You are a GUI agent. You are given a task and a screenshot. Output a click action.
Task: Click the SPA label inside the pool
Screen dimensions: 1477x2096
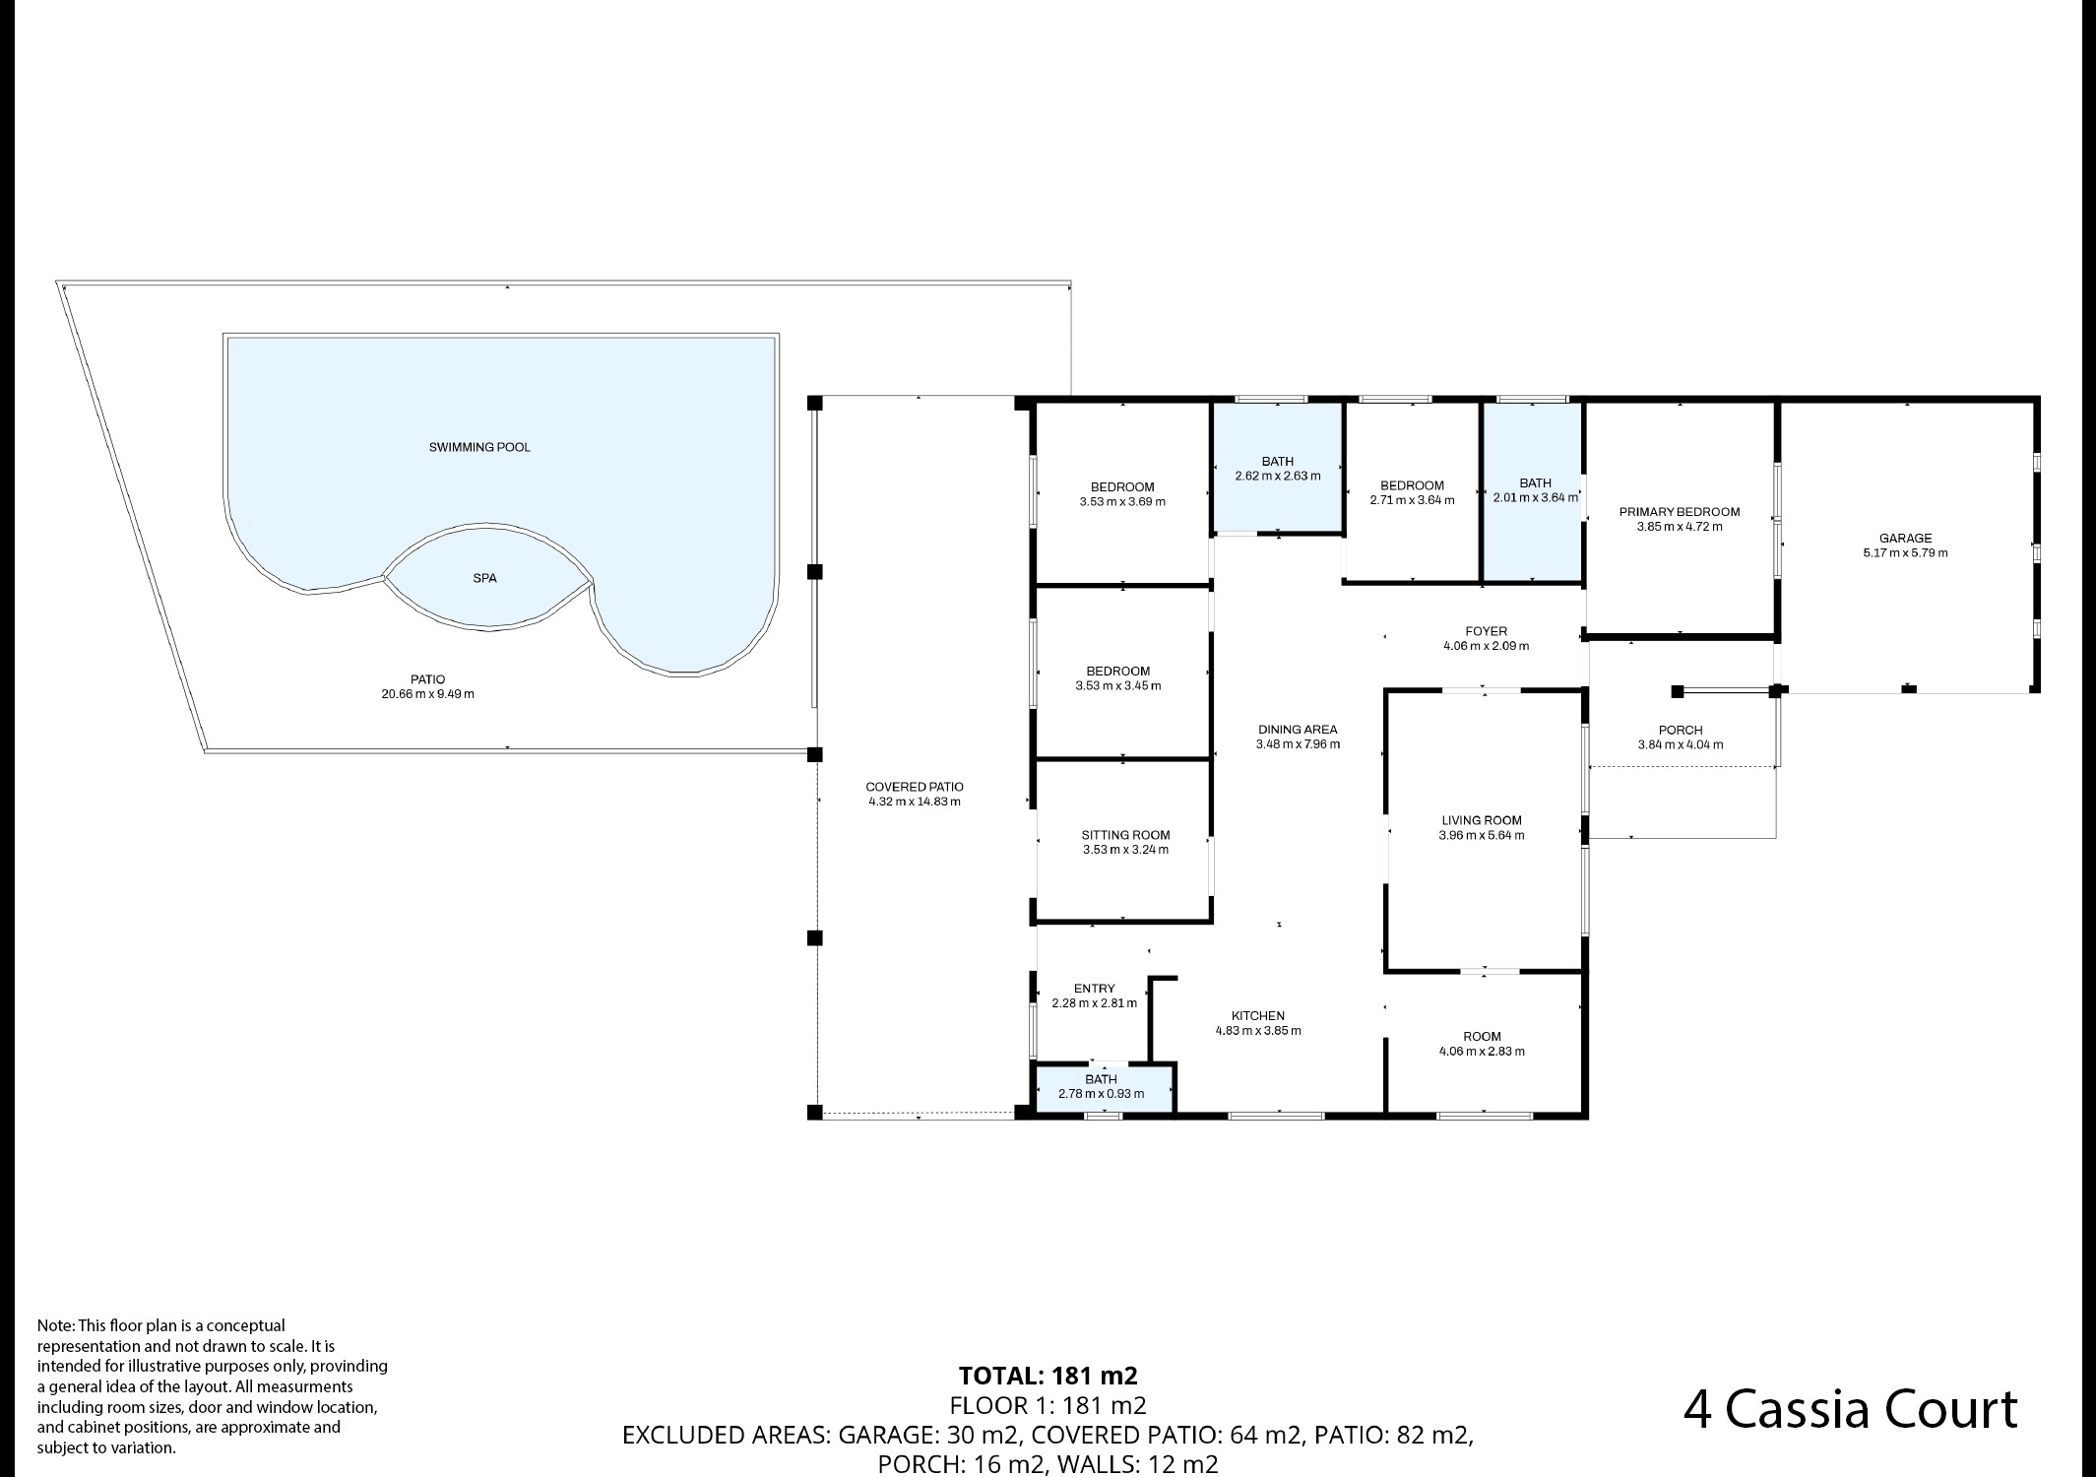[x=484, y=578]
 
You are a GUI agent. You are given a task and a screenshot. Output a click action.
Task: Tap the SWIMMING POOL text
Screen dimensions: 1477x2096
[x=479, y=447]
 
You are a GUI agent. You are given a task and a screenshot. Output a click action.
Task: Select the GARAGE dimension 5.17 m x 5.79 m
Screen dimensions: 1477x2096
[x=1905, y=552]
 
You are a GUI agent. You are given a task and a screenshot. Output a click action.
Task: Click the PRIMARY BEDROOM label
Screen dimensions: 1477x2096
[x=1680, y=512]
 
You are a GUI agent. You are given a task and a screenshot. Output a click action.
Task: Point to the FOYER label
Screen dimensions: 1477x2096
[x=1486, y=631]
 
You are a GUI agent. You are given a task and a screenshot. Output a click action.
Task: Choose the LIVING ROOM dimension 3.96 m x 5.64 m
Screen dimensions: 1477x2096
[x=1481, y=835]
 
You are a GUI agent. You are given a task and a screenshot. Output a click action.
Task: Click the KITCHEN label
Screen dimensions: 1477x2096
[x=1258, y=1016]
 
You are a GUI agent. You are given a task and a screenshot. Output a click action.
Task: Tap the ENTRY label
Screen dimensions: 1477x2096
[x=1094, y=989]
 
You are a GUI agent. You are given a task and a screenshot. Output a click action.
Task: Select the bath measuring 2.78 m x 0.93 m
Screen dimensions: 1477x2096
[x=1101, y=1087]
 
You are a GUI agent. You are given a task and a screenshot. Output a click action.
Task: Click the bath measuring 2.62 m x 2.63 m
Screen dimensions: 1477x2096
[x=1278, y=469]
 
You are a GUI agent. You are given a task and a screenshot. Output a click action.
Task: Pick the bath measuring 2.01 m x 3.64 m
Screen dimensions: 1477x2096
[x=1535, y=490]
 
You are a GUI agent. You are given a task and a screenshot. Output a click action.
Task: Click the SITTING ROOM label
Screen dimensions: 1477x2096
[x=1125, y=835]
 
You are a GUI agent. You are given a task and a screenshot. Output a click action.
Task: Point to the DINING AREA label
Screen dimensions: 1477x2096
[x=1298, y=730]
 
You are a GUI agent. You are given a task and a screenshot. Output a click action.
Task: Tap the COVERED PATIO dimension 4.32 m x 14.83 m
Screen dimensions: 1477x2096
[x=915, y=802]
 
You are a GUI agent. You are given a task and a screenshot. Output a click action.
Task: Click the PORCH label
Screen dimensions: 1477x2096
[x=1681, y=730]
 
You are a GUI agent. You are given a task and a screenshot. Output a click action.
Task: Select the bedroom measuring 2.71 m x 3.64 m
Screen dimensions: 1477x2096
[x=1412, y=492]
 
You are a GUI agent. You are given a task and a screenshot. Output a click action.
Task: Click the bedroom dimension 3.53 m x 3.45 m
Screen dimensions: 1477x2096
[x=1118, y=685]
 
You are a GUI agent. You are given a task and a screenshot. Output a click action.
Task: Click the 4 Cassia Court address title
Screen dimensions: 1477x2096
[x=1850, y=1409]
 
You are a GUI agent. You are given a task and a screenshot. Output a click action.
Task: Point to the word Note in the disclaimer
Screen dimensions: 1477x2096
[x=54, y=1325]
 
